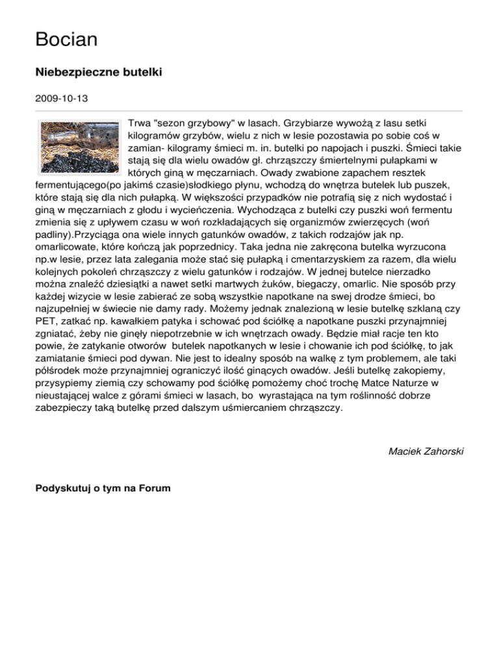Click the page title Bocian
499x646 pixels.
click(66, 40)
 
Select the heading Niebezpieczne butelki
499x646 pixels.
click(98, 73)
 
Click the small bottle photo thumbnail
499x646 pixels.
click(79, 146)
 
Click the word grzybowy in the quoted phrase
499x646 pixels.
click(216, 122)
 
